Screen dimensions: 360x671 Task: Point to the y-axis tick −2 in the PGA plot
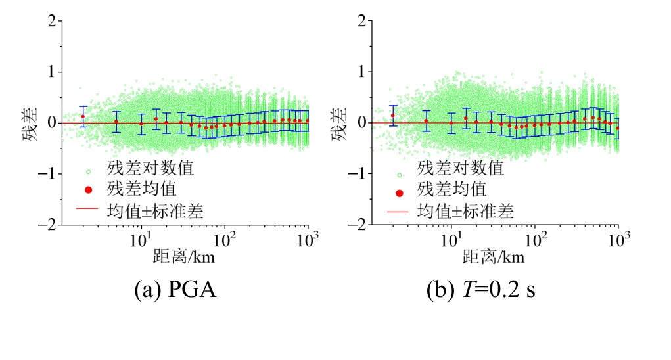[46, 225]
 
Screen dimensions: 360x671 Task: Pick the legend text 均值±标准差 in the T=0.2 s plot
[465, 212]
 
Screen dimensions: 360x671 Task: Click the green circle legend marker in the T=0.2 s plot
[399, 175]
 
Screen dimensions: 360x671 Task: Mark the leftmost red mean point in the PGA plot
[83, 116]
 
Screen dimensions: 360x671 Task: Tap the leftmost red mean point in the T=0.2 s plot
[393, 116]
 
